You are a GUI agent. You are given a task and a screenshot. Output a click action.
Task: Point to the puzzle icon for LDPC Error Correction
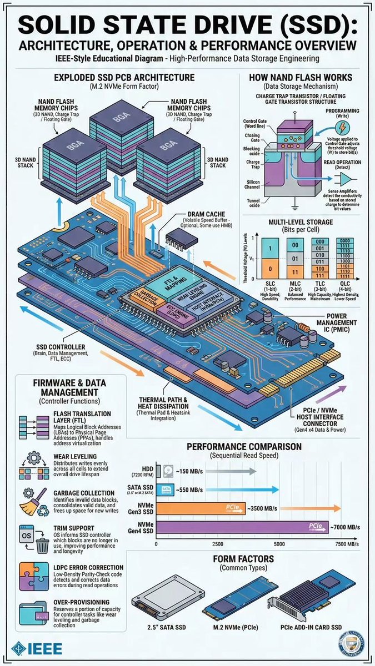click(32, 577)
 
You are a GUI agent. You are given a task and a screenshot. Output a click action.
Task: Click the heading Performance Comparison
click(244, 446)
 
